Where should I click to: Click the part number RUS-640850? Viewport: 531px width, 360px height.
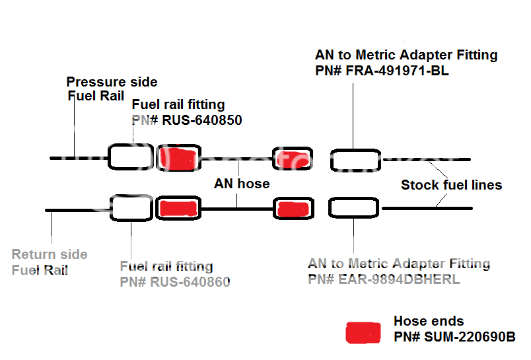[x=201, y=120]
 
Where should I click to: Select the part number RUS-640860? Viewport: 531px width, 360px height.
[x=192, y=283]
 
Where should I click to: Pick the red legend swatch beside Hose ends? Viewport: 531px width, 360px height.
[x=363, y=332]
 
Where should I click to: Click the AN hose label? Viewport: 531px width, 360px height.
[x=242, y=184]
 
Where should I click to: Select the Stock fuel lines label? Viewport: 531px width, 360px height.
[x=451, y=185]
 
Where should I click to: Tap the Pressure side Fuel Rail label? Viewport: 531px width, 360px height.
[x=112, y=89]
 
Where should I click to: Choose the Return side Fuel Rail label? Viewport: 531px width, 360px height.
[x=50, y=262]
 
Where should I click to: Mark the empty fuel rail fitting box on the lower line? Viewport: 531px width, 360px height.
[x=131, y=208]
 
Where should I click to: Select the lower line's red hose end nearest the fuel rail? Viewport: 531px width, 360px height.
[x=178, y=208]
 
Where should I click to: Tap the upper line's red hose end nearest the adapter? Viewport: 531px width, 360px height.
[x=293, y=159]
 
